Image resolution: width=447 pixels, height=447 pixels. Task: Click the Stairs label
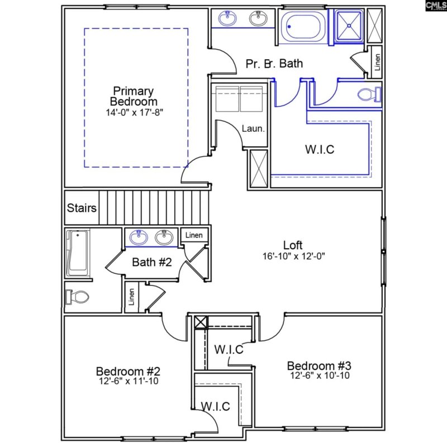click(x=82, y=208)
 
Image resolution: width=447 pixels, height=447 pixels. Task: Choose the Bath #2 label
click(x=151, y=261)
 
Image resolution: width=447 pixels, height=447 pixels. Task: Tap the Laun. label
click(x=253, y=129)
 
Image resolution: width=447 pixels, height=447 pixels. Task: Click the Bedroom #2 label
click(x=129, y=371)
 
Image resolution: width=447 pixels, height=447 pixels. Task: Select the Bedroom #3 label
click(x=319, y=366)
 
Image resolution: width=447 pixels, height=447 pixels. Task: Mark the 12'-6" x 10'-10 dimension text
click(x=319, y=376)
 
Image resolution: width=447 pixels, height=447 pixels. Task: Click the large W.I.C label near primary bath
click(x=320, y=149)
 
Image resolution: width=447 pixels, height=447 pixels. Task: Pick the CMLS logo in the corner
click(x=435, y=6)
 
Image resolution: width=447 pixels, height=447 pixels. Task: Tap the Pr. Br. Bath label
click(x=274, y=63)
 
